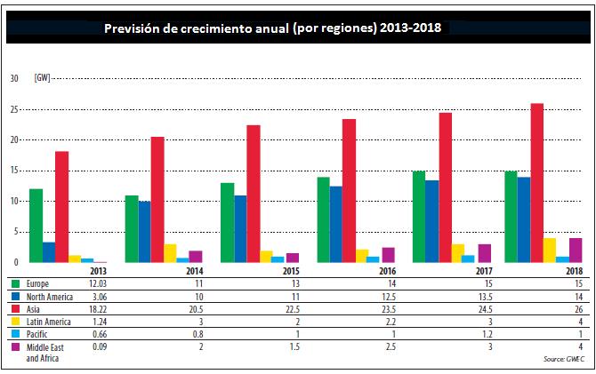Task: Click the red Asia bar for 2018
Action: pyautogui.click(x=536, y=183)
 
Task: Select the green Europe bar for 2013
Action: pyautogui.click(x=36, y=226)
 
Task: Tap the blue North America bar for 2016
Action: pyautogui.click(x=336, y=224)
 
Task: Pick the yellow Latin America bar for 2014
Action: pyautogui.click(x=170, y=253)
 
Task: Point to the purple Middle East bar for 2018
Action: pyautogui.click(x=576, y=251)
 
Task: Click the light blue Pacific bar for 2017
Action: pyautogui.click(x=468, y=259)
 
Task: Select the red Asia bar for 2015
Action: pyautogui.click(x=254, y=194)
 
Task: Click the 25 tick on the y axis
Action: pyautogui.click(x=14, y=109)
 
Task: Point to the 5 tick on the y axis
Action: pyautogui.click(x=16, y=232)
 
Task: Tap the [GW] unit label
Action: pyautogui.click(x=42, y=78)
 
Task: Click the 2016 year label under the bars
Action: pyautogui.click(x=388, y=271)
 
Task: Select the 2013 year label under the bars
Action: pyautogui.click(x=98, y=271)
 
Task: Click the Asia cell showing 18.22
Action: pyautogui.click(x=98, y=309)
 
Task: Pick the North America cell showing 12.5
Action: pyautogui.click(x=389, y=297)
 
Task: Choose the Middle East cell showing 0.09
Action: pyautogui.click(x=100, y=346)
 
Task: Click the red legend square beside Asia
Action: pyautogui.click(x=16, y=308)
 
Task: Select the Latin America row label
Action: pyautogui.click(x=48, y=322)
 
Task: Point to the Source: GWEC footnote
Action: pyautogui.click(x=564, y=359)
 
